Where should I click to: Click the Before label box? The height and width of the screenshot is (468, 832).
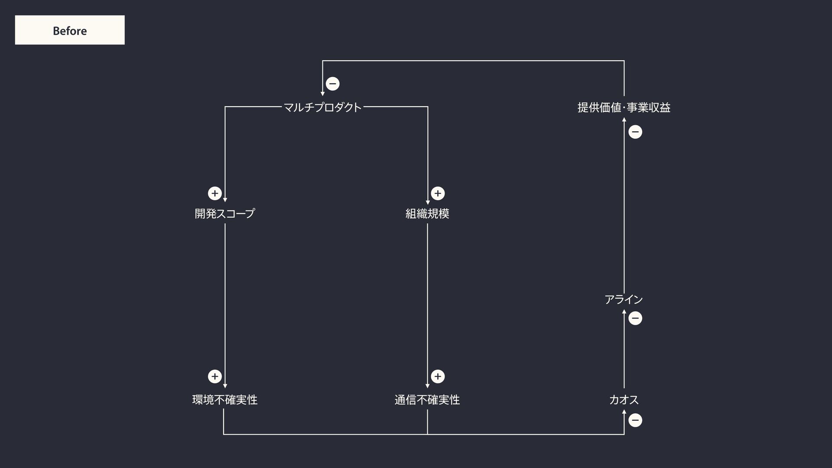click(x=70, y=30)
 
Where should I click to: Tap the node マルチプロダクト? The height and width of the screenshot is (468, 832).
click(x=322, y=107)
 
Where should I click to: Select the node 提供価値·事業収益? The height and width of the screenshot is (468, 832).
click(x=624, y=107)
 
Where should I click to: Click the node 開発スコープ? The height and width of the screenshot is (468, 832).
click(x=224, y=213)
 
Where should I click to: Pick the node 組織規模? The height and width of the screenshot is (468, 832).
click(x=427, y=213)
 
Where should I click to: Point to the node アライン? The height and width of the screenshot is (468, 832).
click(x=624, y=299)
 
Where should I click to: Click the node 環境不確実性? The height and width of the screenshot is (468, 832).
click(x=224, y=400)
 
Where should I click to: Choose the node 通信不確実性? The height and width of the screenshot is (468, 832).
click(x=427, y=400)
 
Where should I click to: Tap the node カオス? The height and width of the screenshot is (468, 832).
click(x=624, y=400)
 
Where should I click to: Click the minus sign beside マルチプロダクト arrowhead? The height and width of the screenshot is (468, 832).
click(x=332, y=84)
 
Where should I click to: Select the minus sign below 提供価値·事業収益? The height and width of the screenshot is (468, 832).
click(x=635, y=132)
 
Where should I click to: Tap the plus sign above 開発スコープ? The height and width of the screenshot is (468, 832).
click(x=214, y=193)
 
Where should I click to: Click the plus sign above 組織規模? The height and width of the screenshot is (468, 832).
click(x=438, y=193)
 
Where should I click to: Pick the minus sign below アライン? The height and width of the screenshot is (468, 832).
click(x=635, y=318)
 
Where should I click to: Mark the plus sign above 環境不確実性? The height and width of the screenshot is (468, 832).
click(x=214, y=377)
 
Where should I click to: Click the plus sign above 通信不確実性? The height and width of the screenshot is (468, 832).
click(x=438, y=377)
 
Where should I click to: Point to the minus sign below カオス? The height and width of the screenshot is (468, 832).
click(x=635, y=420)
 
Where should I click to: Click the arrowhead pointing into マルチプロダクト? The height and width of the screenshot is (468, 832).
click(x=322, y=93)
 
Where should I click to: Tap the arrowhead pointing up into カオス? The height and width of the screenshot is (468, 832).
click(x=624, y=412)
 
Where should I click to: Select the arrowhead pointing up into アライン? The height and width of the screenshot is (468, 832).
click(x=624, y=312)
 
